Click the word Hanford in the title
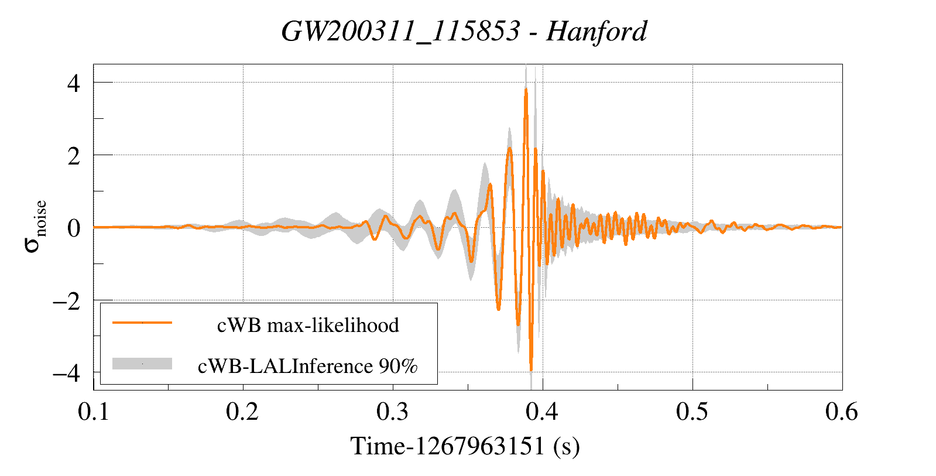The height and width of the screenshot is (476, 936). [596, 31]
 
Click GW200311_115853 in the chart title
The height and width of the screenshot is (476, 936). [400, 31]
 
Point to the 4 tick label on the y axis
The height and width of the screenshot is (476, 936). [73, 83]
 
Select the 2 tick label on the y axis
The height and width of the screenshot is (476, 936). [73, 156]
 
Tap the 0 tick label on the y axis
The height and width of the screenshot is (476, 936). [73, 228]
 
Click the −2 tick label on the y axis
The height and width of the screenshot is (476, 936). [66, 301]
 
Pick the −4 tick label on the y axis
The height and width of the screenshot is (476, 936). [66, 373]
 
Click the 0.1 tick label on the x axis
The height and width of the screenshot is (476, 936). [94, 412]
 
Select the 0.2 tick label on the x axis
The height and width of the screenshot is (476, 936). [242, 412]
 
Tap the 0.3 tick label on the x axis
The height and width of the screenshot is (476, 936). [392, 412]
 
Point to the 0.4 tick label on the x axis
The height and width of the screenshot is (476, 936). [542, 412]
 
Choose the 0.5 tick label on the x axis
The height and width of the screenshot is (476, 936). [692, 412]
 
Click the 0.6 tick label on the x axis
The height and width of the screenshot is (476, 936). [841, 412]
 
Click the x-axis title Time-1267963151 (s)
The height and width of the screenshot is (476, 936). [465, 446]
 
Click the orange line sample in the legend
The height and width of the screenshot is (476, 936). [142, 323]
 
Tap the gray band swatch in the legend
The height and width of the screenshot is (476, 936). [142, 364]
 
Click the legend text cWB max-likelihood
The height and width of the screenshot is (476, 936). [308, 325]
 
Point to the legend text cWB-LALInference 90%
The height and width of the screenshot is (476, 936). [308, 366]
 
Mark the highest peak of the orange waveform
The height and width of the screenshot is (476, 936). [526, 89]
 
